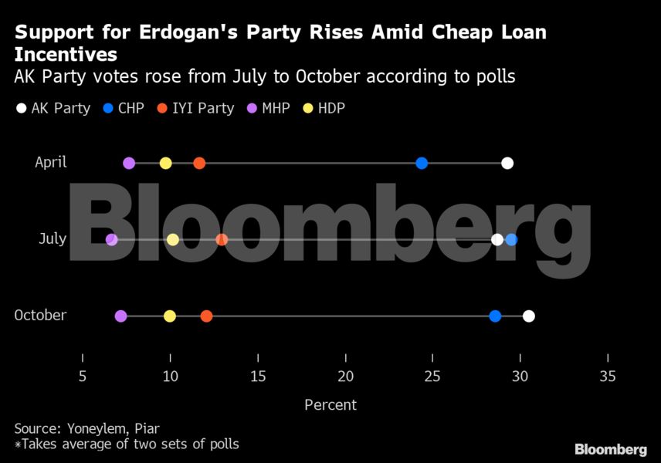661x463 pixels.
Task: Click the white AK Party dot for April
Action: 507,163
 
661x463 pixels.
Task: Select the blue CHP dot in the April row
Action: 422,163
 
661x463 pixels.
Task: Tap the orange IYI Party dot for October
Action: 206,316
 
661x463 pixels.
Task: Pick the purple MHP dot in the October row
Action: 120,316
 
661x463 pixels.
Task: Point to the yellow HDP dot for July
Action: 173,240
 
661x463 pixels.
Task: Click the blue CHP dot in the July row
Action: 511,240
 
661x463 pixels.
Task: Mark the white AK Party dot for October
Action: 528,316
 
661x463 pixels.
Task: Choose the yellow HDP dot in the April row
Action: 165,163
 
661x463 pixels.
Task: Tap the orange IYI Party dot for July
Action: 222,240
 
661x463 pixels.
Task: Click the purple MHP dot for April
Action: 129,163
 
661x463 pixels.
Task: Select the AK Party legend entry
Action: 53,109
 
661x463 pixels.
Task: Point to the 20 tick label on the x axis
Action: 345,377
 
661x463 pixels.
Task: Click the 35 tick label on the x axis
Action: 608,377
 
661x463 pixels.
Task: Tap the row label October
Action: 40,316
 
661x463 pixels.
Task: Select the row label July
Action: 53,239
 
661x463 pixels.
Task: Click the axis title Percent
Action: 330,404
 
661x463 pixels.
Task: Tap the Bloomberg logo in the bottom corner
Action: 610,449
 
